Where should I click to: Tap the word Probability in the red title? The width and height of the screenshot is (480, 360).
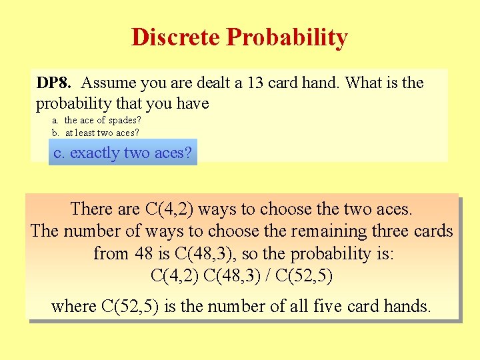(287, 37)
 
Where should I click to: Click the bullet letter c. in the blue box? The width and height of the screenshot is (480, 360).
(59, 153)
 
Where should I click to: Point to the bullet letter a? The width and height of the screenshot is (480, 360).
(55, 121)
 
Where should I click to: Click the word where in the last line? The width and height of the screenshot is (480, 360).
(73, 307)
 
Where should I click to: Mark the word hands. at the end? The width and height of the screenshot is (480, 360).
(407, 307)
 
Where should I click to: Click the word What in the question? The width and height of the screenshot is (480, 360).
(365, 83)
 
